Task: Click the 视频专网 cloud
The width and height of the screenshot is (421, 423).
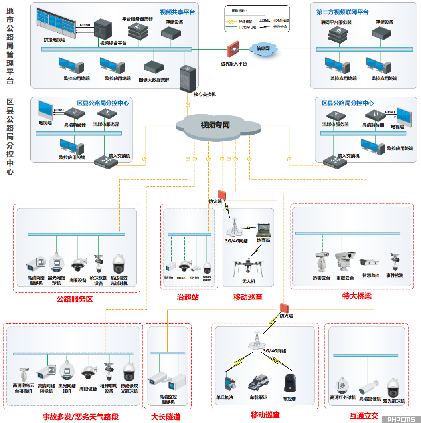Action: pyautogui.click(x=215, y=125)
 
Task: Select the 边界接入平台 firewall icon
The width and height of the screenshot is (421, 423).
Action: pyautogui.click(x=233, y=50)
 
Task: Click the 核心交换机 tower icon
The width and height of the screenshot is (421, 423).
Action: pyautogui.click(x=188, y=78)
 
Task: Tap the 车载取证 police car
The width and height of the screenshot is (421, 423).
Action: pyautogui.click(x=258, y=383)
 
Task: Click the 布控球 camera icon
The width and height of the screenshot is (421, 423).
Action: pyautogui.click(x=289, y=383)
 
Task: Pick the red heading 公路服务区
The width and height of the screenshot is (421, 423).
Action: pyautogui.click(x=75, y=299)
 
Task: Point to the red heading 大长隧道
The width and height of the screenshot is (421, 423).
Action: pyautogui.click(x=166, y=417)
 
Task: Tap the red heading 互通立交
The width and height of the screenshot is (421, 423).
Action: pyautogui.click(x=364, y=416)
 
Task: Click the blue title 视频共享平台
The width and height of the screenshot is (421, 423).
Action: pyautogui.click(x=177, y=12)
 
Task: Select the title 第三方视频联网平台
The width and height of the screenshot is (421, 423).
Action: pyautogui.click(x=342, y=12)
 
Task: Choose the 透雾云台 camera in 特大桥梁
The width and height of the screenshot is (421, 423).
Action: pyautogui.click(x=321, y=262)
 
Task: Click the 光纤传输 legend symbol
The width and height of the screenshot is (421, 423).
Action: pyautogui.click(x=230, y=21)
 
